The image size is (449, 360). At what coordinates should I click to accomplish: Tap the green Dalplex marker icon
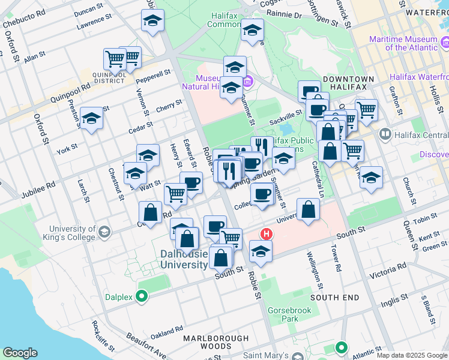coord(142,295)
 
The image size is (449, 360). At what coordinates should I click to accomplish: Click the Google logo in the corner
coord(20,353)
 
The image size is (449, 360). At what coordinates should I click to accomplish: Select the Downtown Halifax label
coord(348,83)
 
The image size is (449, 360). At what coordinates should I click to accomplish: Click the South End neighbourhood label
coord(335,298)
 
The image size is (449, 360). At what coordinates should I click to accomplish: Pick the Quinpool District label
coord(109,76)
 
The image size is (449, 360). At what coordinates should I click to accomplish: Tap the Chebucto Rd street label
coord(24,20)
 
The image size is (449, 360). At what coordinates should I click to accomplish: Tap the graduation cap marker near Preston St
coord(92,118)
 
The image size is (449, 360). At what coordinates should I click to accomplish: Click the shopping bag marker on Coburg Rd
coord(150,212)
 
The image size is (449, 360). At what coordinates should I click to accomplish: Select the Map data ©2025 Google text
coord(411,355)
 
